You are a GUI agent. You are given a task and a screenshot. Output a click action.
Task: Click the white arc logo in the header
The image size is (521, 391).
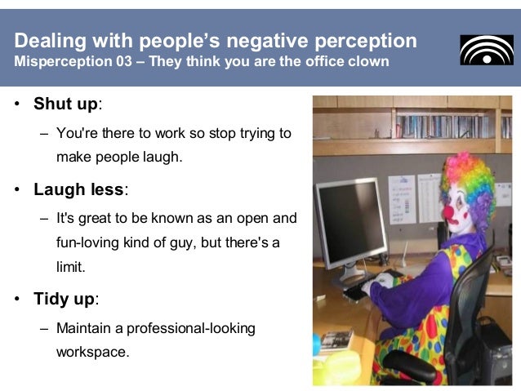click(x=487, y=50)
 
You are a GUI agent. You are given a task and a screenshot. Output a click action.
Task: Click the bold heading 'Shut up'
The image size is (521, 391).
click(x=65, y=104)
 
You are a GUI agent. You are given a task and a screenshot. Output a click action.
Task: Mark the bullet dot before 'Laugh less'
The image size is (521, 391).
click(x=17, y=190)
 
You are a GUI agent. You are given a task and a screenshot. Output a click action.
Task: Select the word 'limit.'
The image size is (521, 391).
click(x=70, y=267)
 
